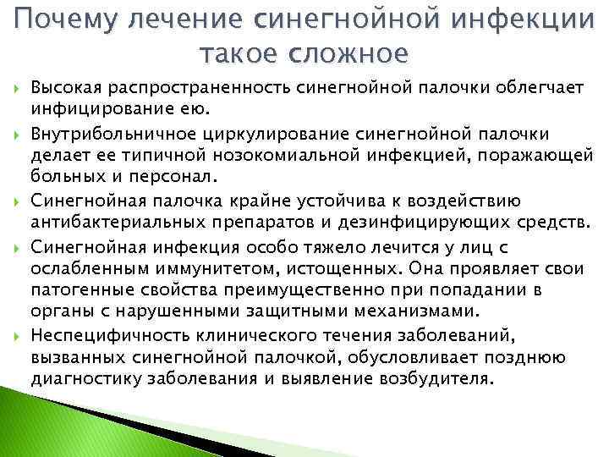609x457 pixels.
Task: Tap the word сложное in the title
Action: [348, 53]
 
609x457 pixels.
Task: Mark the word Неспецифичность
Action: [101, 334]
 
